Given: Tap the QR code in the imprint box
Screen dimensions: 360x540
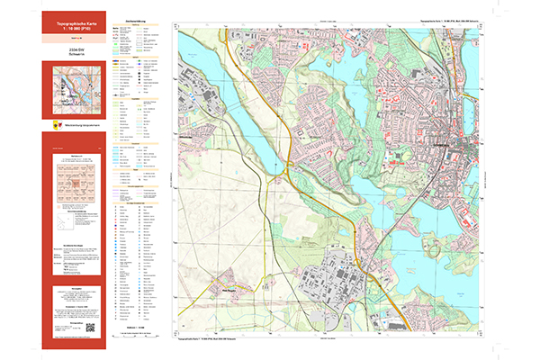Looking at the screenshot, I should (x=90, y=328).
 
